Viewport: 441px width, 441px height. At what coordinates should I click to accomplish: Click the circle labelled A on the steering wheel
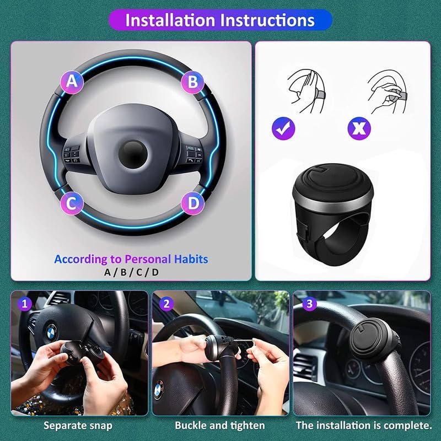(x=72, y=82)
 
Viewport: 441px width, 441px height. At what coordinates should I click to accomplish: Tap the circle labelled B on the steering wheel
(x=193, y=82)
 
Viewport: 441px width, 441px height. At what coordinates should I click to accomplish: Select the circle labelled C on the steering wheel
(x=72, y=203)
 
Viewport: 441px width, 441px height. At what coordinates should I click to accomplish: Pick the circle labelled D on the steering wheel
(x=193, y=203)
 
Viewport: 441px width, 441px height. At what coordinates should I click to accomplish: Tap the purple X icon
(x=359, y=129)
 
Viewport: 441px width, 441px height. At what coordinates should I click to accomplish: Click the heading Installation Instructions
(x=220, y=20)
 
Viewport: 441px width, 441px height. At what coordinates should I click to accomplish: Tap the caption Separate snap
(x=78, y=426)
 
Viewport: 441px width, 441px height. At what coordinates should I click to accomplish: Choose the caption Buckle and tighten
(x=220, y=426)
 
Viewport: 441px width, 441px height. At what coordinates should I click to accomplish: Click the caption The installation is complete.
(x=364, y=426)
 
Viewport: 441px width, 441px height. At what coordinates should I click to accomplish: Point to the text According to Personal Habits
(x=131, y=259)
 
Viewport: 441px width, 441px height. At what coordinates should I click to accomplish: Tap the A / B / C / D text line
(x=131, y=272)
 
